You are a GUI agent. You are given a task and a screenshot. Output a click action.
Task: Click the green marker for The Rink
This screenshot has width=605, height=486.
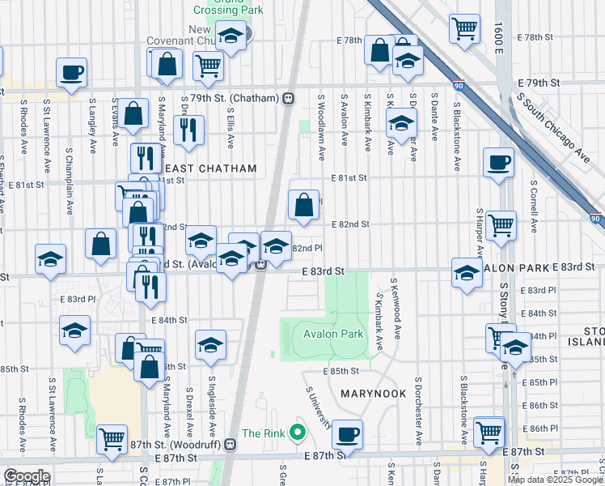pos(298,433)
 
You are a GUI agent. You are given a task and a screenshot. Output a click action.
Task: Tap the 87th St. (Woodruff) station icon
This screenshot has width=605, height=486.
pos(231,444)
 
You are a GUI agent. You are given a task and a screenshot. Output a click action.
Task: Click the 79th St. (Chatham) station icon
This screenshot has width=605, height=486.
pos(287,99)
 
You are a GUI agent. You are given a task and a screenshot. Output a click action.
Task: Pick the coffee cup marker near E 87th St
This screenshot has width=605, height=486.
pos(348,434)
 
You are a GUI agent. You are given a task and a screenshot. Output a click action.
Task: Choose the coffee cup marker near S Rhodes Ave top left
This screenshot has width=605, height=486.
pos(71,71)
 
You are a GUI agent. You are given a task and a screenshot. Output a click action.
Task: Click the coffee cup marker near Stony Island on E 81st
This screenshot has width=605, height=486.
pos(497,161)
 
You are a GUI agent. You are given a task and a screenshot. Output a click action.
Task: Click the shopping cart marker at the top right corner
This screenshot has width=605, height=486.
pos(464,28)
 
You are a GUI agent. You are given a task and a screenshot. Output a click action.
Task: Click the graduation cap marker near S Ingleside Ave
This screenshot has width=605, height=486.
pos(210,344)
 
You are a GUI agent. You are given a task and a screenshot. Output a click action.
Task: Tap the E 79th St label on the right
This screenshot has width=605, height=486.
pos(539,83)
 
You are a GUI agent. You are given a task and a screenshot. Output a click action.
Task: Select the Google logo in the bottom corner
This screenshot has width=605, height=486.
pos(27,476)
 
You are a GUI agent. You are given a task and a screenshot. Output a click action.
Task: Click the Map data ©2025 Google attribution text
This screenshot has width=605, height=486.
pos(556,480)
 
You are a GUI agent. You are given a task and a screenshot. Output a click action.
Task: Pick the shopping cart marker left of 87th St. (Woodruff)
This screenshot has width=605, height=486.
pos(112,439)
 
